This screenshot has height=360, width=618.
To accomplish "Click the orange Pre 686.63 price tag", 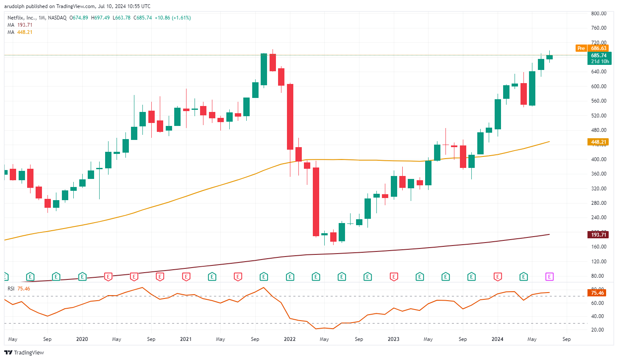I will pos(592,48).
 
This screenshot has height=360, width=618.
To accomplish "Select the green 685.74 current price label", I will pos(599,56).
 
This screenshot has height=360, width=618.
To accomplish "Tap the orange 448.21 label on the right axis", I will pos(598,142).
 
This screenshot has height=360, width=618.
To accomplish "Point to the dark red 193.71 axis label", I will pos(598,234).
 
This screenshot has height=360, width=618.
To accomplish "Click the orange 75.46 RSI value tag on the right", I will pos(597,293).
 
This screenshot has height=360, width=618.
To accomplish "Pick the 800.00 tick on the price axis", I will pos(599,14).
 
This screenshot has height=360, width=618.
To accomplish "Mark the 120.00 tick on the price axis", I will pos(599,262).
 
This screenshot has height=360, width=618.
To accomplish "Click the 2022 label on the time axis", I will pos(290,339).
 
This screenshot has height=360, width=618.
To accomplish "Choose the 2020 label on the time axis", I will pos(82,339).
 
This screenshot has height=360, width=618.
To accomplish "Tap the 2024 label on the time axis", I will pos(497,339).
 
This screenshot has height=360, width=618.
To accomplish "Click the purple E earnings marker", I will pos(549,277).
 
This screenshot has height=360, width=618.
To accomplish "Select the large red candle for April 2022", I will pos(316,201).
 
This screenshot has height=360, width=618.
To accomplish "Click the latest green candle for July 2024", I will pos(549,57).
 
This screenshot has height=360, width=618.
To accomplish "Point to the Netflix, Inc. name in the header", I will pos(22,18).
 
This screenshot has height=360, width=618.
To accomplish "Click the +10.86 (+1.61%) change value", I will pos(173,18).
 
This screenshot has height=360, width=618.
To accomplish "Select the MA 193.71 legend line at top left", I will pos(20,25).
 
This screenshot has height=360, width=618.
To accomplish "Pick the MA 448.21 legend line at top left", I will pos(20,32).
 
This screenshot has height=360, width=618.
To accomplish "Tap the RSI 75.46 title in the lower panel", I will pos(19,289).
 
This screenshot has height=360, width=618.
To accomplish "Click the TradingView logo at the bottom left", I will pos(24,352).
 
